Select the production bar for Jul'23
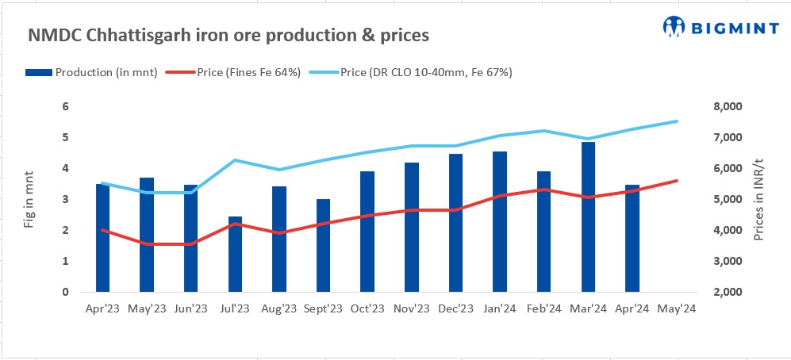pos(235,254)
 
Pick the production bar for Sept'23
pos(323,245)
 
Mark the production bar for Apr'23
pos(102,238)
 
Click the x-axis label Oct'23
pos(367,308)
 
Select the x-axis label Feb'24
pos(544,308)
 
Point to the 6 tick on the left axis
pos(67,106)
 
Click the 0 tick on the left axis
pos(67,292)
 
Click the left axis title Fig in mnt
pos(30,200)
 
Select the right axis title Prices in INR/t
pos(761,200)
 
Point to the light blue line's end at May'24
pos(677,121)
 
